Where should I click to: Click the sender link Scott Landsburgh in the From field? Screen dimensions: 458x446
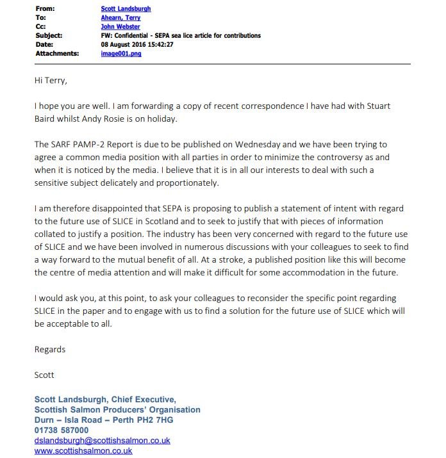[126, 9]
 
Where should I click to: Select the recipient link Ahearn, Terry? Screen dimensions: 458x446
[120, 18]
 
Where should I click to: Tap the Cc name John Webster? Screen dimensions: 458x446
[120, 27]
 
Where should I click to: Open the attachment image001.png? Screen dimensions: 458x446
[121, 54]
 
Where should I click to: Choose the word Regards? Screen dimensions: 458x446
[50, 350]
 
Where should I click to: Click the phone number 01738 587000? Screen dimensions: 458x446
[62, 430]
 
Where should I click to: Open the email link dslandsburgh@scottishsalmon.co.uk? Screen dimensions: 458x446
[102, 441]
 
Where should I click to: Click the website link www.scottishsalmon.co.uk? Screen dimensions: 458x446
[83, 451]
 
